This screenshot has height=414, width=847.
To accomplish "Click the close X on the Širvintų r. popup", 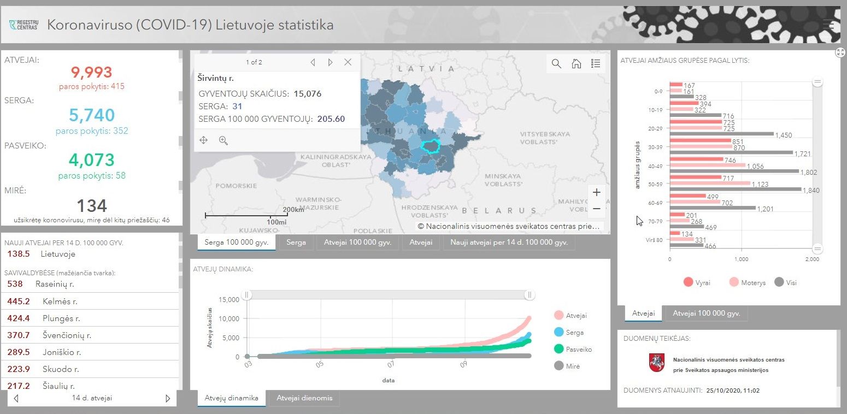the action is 348,62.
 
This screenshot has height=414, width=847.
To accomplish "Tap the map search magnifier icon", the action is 556,63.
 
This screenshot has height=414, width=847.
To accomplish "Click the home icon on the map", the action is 577,63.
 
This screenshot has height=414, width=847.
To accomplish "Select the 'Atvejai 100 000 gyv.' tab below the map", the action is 357,243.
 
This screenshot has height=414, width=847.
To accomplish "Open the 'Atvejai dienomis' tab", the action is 304,398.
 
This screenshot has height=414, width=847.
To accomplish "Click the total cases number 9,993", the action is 91,72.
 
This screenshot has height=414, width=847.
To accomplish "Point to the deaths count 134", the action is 92,206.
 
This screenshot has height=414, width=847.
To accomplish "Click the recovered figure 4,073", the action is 91,160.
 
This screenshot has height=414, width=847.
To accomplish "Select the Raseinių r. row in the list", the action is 90,284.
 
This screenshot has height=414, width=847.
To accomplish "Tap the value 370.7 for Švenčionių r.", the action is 19,335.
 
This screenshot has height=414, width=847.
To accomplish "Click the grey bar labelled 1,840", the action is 736,190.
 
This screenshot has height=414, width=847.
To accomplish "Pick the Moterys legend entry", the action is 748,282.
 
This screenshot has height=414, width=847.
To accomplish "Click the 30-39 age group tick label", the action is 655,147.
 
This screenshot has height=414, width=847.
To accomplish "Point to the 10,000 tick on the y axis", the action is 229,319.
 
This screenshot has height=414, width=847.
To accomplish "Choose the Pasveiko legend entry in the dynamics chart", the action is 573,349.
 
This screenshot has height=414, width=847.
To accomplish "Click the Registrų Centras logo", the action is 23,25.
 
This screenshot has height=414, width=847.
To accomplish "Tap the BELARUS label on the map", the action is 499,211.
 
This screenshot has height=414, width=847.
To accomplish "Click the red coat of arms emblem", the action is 657,363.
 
